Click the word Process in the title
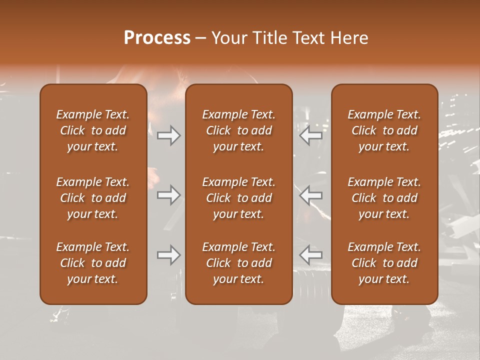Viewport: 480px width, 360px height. (157, 38)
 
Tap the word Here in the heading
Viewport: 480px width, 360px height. (349, 38)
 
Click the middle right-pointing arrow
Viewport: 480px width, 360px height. (168, 195)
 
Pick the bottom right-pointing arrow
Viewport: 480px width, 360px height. (168, 255)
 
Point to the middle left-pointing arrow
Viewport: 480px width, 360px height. (311, 195)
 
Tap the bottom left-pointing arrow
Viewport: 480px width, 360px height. (311, 255)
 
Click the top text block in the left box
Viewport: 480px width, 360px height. (93, 130)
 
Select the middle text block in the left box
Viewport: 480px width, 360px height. (93, 198)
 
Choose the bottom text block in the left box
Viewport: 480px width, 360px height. (93, 263)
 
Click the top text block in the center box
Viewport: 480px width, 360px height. (238, 130)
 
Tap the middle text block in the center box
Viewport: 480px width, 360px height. (238, 198)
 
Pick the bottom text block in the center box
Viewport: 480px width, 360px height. (238, 263)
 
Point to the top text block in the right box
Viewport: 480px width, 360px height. (384, 130)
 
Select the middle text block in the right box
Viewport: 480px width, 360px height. (384, 198)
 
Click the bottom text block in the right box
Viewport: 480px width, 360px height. (384, 263)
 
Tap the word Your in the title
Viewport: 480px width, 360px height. (228, 38)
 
